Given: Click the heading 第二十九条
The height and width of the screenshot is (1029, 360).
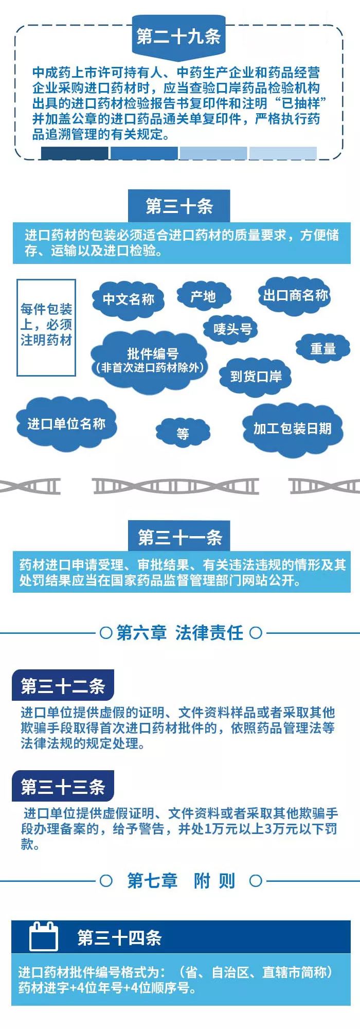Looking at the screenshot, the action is [178, 36].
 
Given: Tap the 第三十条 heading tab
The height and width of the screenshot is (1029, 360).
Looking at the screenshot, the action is [179, 206].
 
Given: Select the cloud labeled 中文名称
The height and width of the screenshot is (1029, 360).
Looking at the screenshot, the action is [128, 299].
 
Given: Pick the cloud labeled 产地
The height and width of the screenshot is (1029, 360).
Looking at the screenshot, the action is [203, 296].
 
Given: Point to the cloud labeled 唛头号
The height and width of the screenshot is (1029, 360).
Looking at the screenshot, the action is [232, 329].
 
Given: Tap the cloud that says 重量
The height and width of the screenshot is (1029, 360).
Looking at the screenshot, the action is [323, 349].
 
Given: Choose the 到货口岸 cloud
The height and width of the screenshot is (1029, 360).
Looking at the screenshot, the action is [256, 377].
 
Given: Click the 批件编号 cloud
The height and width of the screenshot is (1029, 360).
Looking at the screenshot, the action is [150, 360].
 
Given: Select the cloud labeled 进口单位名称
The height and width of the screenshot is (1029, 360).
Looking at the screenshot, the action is [66, 423].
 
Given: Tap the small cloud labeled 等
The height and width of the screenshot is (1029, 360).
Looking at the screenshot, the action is [183, 433].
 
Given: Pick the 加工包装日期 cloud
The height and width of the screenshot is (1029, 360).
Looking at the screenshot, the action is [292, 429].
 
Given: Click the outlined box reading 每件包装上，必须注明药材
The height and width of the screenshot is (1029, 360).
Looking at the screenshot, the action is [46, 327].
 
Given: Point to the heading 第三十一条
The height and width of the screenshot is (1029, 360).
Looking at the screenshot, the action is [179, 537].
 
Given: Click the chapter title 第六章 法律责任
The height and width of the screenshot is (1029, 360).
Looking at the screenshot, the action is [180, 632].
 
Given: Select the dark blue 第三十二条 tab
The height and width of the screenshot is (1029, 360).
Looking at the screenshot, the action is [63, 685].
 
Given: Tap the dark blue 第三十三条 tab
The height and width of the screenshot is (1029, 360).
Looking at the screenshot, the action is [63, 786].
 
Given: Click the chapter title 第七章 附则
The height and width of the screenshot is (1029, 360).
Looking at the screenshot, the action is [181, 880].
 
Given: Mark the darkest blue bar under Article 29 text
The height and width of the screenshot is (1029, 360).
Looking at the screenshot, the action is [75, 153].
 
